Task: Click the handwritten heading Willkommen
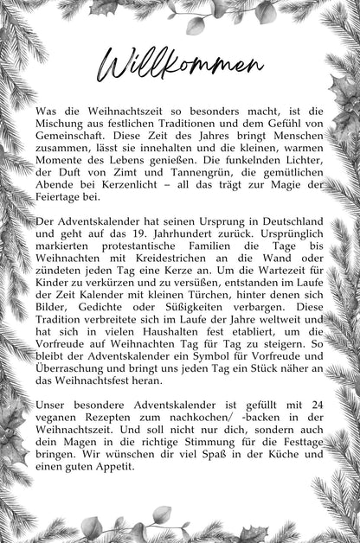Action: pos(180,64)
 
